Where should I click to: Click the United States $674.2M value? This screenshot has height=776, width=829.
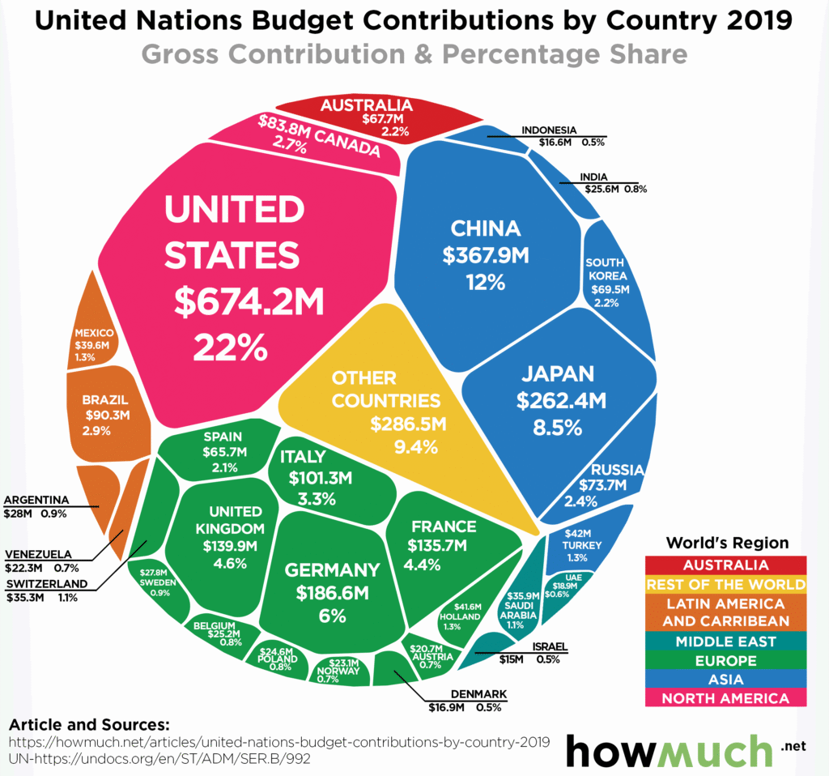pyautogui.click(x=249, y=302)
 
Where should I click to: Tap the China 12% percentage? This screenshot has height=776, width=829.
pyautogui.click(x=486, y=283)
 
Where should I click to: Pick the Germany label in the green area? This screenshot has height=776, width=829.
pyautogui.click(x=332, y=569)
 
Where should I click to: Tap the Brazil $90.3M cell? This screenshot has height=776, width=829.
pyautogui.click(x=105, y=416)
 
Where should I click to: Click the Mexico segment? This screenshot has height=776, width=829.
pyautogui.click(x=94, y=344)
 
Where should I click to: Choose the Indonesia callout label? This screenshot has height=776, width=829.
pyautogui.click(x=549, y=130)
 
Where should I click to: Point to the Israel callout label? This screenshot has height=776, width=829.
pyautogui.click(x=551, y=646)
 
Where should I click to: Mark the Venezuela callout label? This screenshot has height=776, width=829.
pyautogui.click(x=39, y=554)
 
